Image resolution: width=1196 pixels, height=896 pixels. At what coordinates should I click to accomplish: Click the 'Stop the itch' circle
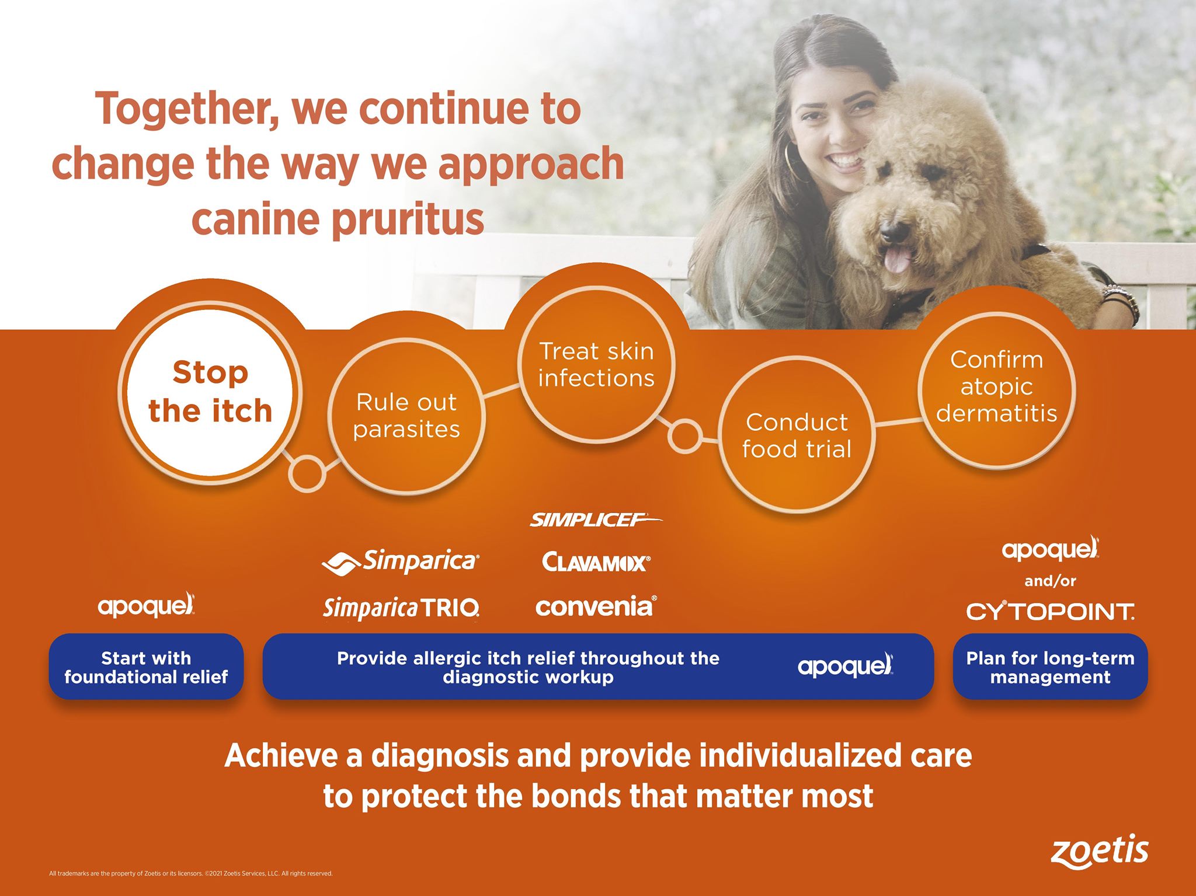210,392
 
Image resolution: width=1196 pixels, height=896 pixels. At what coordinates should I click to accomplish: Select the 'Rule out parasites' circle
406,416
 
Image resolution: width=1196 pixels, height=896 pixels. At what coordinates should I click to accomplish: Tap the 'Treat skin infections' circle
596,364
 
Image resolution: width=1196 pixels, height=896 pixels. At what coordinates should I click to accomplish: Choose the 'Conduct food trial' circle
797,435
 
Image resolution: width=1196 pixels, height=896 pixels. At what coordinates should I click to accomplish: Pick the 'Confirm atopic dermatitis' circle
997,390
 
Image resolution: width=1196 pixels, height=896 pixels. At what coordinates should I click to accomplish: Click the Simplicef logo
596,520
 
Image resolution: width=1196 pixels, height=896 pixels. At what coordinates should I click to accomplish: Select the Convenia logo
596,607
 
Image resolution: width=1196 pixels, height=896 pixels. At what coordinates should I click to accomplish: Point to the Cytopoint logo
1050,611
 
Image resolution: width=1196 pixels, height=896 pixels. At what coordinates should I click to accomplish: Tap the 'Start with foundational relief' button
146,667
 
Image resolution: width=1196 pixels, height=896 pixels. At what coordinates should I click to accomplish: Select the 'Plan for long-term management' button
1050,667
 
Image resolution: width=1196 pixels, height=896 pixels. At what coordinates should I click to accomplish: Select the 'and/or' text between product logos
1050,581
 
